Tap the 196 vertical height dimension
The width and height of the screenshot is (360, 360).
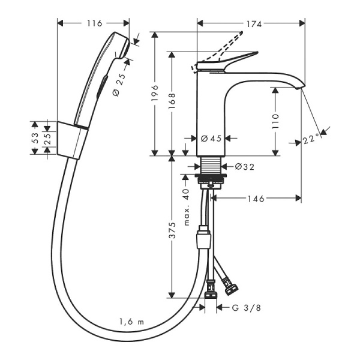(154, 94)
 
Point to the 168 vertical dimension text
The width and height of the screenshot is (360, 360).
(172, 101)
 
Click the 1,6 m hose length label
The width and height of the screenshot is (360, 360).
(131, 322)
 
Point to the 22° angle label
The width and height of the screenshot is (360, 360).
(311, 139)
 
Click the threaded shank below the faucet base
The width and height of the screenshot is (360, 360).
(210, 166)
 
